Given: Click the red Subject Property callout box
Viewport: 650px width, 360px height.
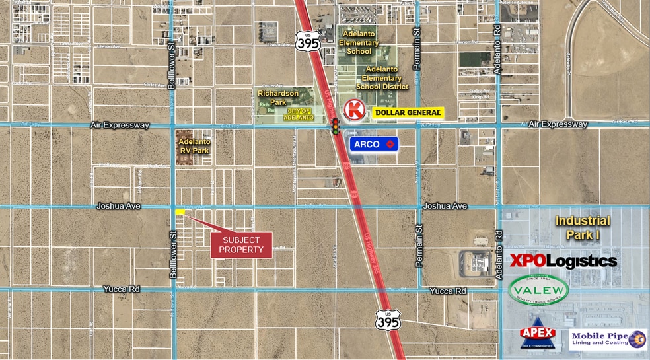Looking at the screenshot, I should click(x=241, y=245).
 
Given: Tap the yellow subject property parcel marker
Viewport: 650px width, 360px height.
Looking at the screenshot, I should click(x=180, y=211).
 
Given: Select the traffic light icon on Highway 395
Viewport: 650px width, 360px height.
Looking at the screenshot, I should click(x=336, y=126).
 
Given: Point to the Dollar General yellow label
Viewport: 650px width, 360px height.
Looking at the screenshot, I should click(x=407, y=113).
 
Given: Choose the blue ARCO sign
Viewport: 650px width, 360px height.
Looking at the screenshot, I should click(x=374, y=143).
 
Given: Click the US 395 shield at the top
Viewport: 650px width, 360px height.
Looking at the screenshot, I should click(x=308, y=40).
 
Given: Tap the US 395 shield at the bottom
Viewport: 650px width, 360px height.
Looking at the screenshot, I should click(x=388, y=320).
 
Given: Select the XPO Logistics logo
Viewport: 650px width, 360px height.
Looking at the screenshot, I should click(x=563, y=260).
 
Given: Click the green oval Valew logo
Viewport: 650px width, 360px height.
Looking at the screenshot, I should click(x=539, y=290).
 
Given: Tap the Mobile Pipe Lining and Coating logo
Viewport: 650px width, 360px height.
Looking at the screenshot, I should click(x=608, y=340).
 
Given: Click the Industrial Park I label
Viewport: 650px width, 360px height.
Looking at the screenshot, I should click(x=583, y=227).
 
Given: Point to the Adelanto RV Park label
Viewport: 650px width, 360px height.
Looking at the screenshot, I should click(x=194, y=145).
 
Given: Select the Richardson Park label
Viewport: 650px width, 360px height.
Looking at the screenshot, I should click(x=278, y=98).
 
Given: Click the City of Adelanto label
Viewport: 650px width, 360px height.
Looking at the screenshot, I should click(x=298, y=114).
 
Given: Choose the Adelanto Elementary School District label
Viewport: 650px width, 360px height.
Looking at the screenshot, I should click(x=382, y=78).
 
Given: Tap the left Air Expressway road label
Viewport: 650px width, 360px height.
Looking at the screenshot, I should click(x=124, y=125).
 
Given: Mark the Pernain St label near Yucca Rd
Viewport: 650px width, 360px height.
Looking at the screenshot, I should click(x=419, y=245).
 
